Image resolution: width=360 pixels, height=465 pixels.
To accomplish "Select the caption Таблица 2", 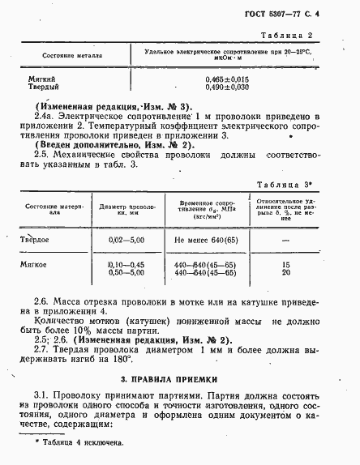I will click(x=308, y=35).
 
